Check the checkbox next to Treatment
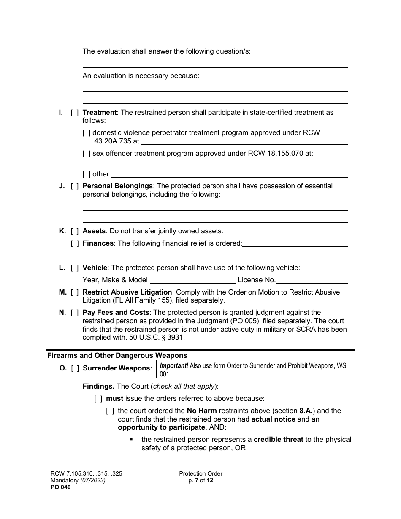(x=74, y=113)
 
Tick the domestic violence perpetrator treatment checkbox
(x=86, y=133)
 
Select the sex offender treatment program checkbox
(x=86, y=154)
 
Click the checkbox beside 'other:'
(x=86, y=174)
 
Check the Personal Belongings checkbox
(x=74, y=186)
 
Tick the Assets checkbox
(x=74, y=231)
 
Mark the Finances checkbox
(x=74, y=243)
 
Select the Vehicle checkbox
(x=74, y=268)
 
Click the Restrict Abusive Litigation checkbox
(x=74, y=292)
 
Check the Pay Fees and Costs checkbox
(x=74, y=313)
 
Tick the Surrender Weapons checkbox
(x=75, y=368)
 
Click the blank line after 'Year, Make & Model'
(x=192, y=280)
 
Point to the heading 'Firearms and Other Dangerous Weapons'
(x=117, y=356)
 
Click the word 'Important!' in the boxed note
(x=174, y=366)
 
